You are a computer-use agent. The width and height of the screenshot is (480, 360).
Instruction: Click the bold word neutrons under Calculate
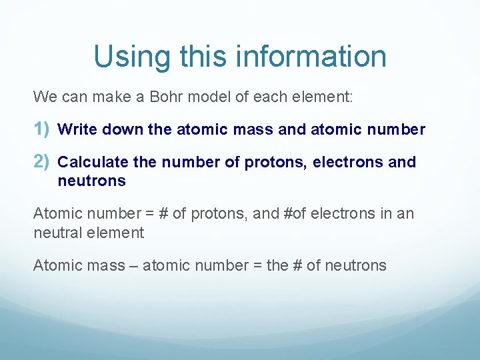point(91,181)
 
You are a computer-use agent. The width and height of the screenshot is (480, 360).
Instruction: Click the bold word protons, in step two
point(269,162)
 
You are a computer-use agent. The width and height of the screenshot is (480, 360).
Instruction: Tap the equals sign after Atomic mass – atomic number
point(256,265)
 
